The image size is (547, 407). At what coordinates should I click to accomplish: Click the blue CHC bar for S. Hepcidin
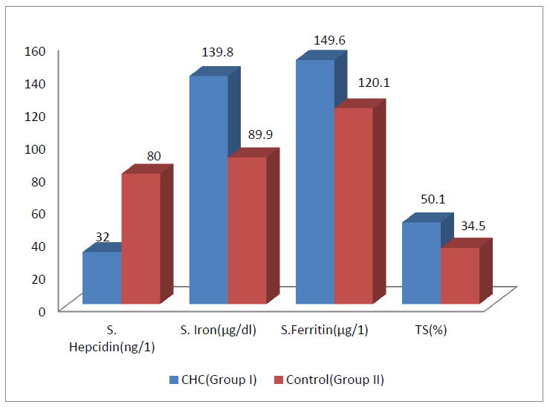[x=102, y=278]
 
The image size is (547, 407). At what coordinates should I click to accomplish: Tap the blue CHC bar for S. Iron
[x=209, y=189]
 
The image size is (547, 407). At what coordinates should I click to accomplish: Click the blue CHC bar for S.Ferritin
[x=315, y=182]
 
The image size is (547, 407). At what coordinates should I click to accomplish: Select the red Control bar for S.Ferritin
[x=354, y=206]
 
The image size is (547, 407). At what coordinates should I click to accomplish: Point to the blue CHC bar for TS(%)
[x=421, y=263]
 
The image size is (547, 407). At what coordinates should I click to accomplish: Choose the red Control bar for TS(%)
[x=460, y=276]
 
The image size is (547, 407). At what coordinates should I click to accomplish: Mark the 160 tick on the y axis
[x=36, y=51]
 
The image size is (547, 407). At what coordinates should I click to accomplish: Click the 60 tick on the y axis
[x=39, y=213]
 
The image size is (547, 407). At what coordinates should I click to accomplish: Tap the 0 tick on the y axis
[x=42, y=310]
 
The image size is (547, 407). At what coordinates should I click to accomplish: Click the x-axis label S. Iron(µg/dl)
[x=219, y=331]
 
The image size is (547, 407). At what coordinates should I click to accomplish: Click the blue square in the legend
[x=173, y=380]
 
